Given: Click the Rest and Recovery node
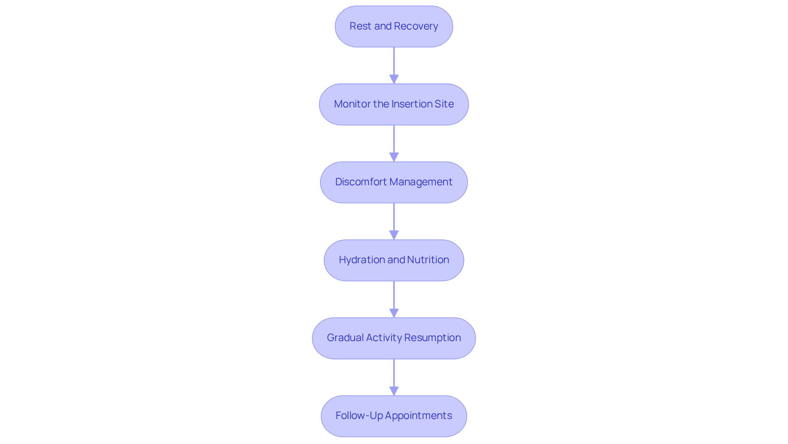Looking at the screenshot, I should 394,26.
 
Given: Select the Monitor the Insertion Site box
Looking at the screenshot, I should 394,104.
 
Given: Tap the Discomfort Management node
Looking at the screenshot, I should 394,182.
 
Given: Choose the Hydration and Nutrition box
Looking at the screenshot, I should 394,260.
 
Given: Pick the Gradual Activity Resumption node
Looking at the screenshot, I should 394,338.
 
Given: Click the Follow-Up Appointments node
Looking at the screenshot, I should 394,416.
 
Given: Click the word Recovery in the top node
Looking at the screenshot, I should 416,26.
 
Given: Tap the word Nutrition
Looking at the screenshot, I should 428,260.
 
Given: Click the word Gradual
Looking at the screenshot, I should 345,338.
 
